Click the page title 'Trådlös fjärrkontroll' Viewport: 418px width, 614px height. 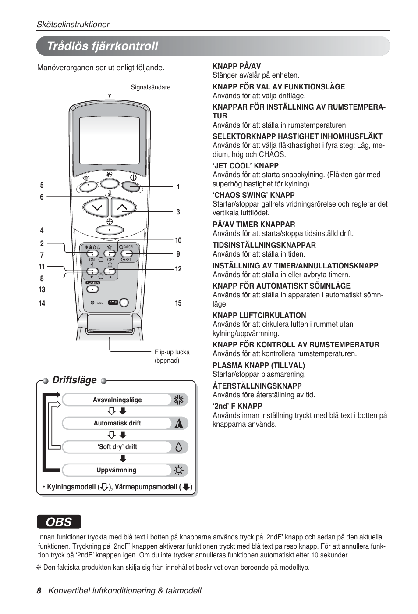click(x=102, y=46)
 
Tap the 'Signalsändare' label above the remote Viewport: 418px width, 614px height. click(x=150, y=87)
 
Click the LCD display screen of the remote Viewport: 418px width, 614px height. click(x=109, y=140)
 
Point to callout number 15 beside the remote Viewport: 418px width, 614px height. click(x=178, y=303)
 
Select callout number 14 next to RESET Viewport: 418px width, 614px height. click(x=42, y=303)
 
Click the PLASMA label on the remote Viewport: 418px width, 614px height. click(x=92, y=283)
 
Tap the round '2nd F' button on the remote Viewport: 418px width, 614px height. click(x=124, y=303)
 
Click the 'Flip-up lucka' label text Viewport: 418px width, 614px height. click(x=172, y=352)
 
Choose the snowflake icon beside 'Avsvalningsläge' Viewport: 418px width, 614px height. click(x=178, y=400)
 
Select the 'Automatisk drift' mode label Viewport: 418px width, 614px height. click(x=117, y=423)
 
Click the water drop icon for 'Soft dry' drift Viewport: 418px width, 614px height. click(x=178, y=447)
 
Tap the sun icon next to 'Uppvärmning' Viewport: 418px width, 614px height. click(x=178, y=471)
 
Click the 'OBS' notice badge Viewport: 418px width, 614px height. click(x=59, y=522)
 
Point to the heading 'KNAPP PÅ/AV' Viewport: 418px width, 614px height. click(x=237, y=66)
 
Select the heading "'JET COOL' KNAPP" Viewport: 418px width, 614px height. click(x=245, y=166)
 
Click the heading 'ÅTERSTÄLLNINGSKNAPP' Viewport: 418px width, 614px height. click(x=257, y=386)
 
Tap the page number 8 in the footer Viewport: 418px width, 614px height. click(x=39, y=591)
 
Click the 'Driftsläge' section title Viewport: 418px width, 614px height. click(x=74, y=380)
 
